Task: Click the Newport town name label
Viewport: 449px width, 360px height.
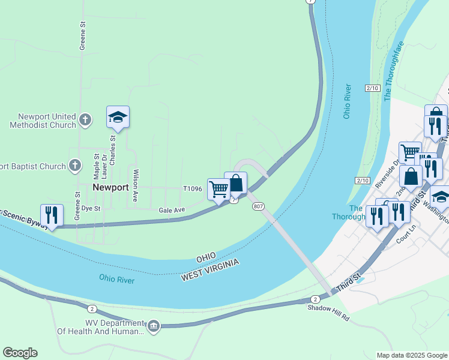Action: pos(110,187)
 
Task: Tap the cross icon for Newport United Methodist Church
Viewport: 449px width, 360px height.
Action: pos(85,120)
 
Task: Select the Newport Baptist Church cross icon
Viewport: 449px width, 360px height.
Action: pos(74,165)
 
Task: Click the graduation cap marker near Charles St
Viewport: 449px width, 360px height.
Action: pos(118,118)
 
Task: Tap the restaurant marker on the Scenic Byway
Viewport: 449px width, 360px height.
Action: pos(52,215)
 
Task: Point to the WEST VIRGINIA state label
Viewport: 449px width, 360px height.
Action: pos(210,271)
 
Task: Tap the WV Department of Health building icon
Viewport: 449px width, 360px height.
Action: pos(154,326)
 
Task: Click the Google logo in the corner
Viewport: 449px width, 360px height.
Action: pos(20,353)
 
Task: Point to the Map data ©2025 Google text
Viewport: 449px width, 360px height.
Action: pos(411,355)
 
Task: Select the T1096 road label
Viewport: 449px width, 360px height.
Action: pos(193,188)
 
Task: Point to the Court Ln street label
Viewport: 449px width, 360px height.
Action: pos(406,235)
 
